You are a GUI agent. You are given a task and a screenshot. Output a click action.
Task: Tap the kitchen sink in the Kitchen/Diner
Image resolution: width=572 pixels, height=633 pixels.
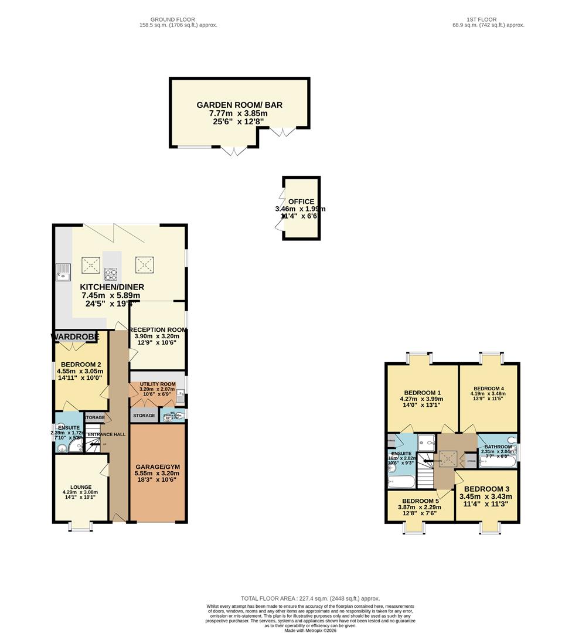[x=62, y=270]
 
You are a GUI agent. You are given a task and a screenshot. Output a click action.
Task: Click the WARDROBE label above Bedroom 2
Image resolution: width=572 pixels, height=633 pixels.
[x=75, y=336]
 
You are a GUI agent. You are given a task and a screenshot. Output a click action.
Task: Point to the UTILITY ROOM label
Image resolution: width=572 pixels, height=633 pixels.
[x=157, y=384]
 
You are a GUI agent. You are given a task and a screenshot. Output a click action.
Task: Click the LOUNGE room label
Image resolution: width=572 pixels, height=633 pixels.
[x=80, y=487]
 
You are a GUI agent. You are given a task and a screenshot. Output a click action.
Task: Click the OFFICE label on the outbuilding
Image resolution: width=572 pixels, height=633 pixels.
[x=301, y=202]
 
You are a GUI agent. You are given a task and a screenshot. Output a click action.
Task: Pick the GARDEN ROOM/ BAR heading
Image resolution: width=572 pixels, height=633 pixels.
[x=239, y=105]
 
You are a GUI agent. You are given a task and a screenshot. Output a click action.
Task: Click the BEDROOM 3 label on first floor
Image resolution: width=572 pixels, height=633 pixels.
[x=486, y=489]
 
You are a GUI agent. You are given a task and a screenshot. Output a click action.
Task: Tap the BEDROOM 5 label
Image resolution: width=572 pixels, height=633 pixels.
[x=421, y=501]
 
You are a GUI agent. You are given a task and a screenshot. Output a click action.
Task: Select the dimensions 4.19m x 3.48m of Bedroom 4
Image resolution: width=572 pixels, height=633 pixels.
[x=488, y=394]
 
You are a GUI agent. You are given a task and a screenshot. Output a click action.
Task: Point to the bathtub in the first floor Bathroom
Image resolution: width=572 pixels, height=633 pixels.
[x=498, y=462]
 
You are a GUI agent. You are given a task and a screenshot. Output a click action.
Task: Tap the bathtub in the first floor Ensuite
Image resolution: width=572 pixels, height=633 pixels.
[x=401, y=482]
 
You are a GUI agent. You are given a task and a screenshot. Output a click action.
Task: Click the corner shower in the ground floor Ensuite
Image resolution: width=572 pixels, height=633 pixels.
[x=75, y=447]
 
